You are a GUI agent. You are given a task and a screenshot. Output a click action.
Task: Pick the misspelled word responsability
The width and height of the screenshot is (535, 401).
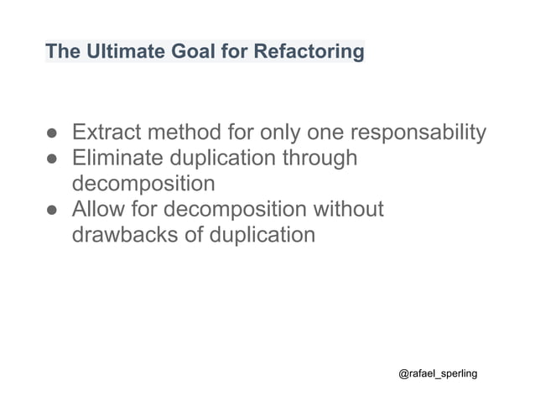point(417,133)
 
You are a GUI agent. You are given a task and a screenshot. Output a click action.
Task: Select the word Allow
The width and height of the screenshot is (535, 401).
point(97,208)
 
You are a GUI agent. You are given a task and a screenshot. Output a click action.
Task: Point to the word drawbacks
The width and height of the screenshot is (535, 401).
point(124,234)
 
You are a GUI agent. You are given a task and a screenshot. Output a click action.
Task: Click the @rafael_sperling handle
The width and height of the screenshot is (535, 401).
point(438,372)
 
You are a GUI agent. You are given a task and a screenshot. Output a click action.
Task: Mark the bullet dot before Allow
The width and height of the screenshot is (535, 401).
point(51,210)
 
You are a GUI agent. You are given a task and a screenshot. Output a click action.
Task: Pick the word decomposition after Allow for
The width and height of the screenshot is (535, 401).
point(234,209)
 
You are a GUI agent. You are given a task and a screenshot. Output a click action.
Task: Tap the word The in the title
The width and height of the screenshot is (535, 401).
point(60,52)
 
